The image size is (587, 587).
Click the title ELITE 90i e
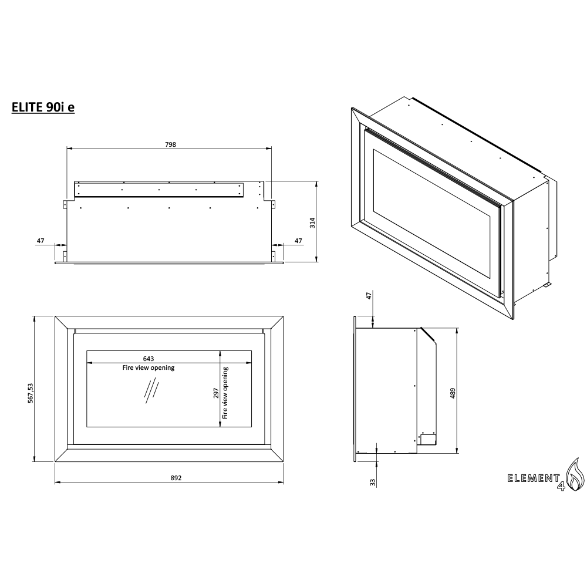coord(43,107)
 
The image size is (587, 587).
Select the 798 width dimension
coord(171,144)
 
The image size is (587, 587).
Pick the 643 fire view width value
coord(149,358)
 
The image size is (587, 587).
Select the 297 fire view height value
coord(215,392)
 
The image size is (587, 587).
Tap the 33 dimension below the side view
coord(372,482)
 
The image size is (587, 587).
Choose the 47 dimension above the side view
coord(369,296)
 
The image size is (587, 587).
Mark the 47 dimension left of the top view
coord(41,241)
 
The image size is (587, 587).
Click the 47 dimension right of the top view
coord(298,241)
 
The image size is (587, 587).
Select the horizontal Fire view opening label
coord(149,368)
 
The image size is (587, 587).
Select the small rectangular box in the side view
coord(427,439)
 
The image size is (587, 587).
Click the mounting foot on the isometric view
coord(546,285)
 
